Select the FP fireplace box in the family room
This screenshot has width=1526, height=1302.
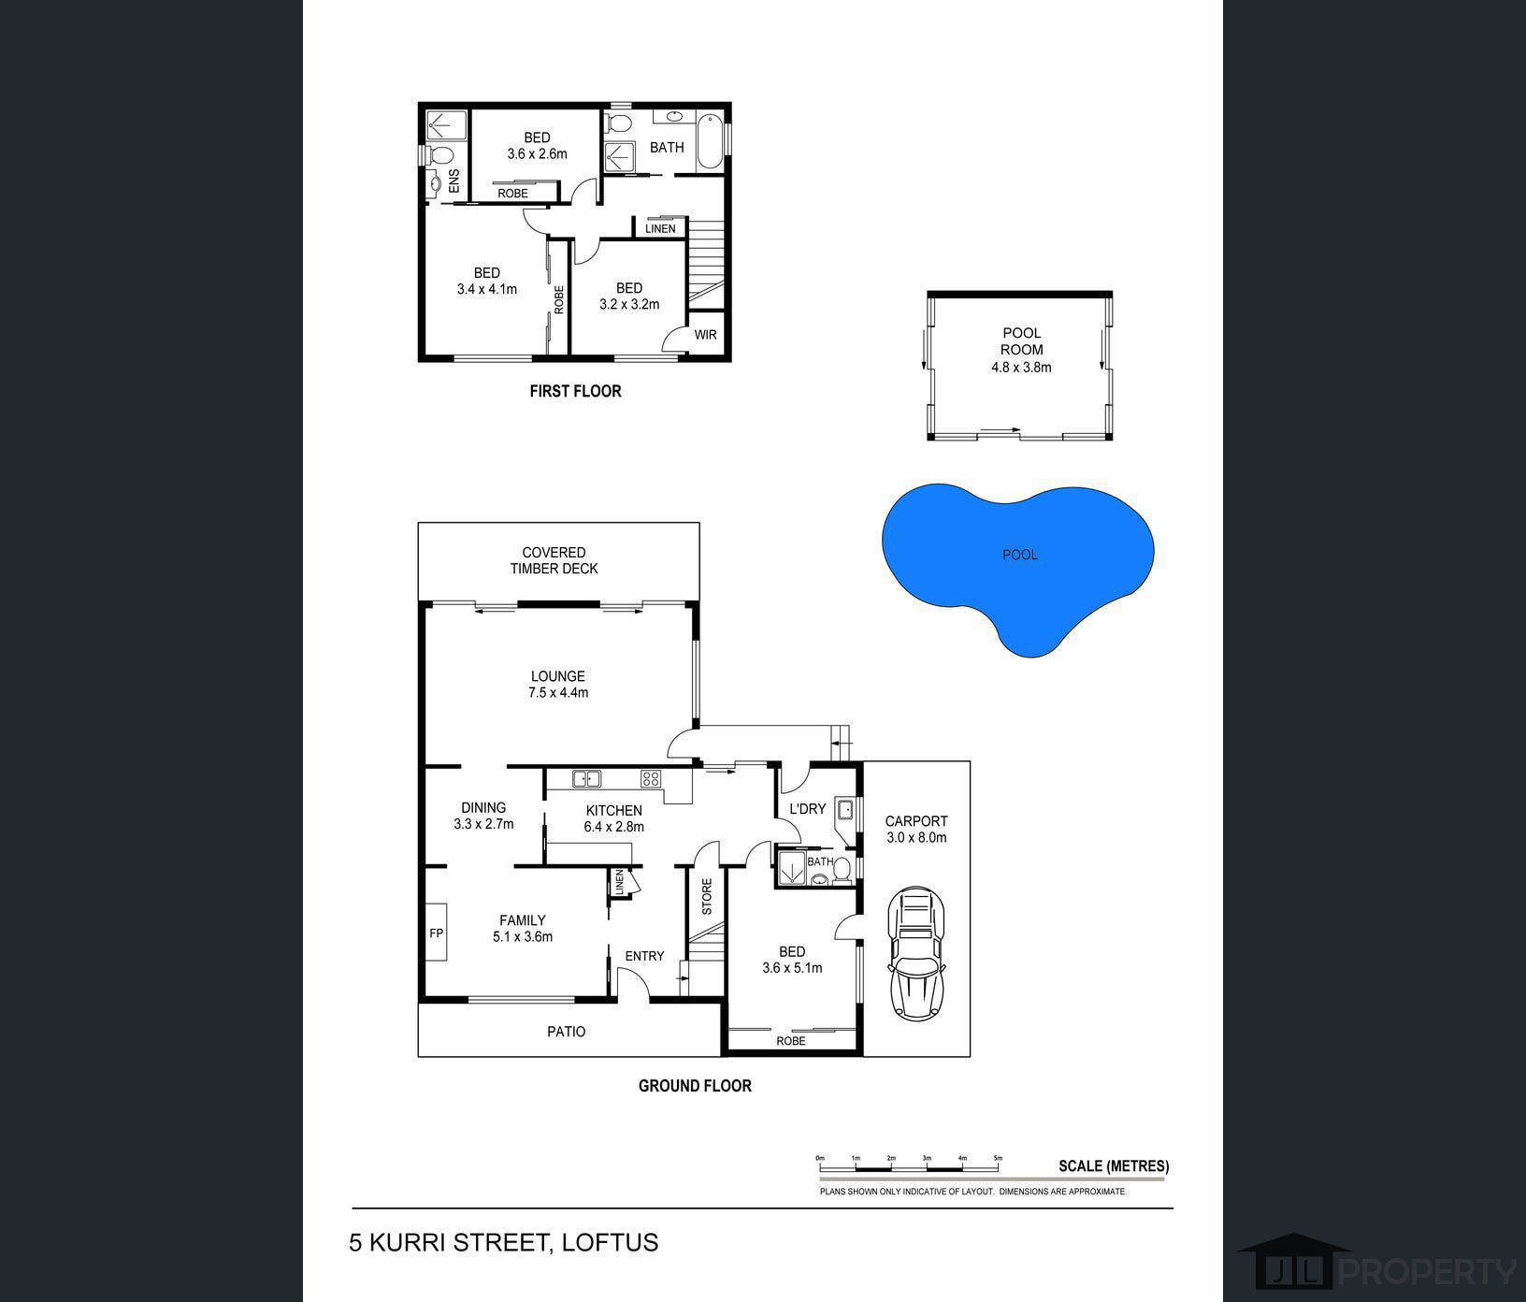(x=437, y=932)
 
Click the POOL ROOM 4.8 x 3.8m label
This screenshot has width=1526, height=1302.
(x=1021, y=350)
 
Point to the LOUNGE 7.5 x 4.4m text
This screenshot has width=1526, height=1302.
(x=558, y=685)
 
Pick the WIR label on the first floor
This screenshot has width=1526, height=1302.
(x=705, y=334)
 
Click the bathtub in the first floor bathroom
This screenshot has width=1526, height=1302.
(x=710, y=141)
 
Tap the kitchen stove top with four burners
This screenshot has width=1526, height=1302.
(x=651, y=778)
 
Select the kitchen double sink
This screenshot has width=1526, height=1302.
(x=586, y=778)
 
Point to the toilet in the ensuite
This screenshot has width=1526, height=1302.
(x=439, y=154)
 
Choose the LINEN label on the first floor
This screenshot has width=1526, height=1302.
(x=660, y=228)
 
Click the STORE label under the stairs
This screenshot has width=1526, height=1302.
(x=707, y=896)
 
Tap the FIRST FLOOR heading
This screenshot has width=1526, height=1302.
(x=575, y=391)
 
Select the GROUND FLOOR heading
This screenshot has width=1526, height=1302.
(x=695, y=1086)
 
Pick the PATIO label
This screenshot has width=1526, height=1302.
(x=567, y=1032)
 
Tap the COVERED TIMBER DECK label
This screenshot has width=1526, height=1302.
(x=554, y=560)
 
